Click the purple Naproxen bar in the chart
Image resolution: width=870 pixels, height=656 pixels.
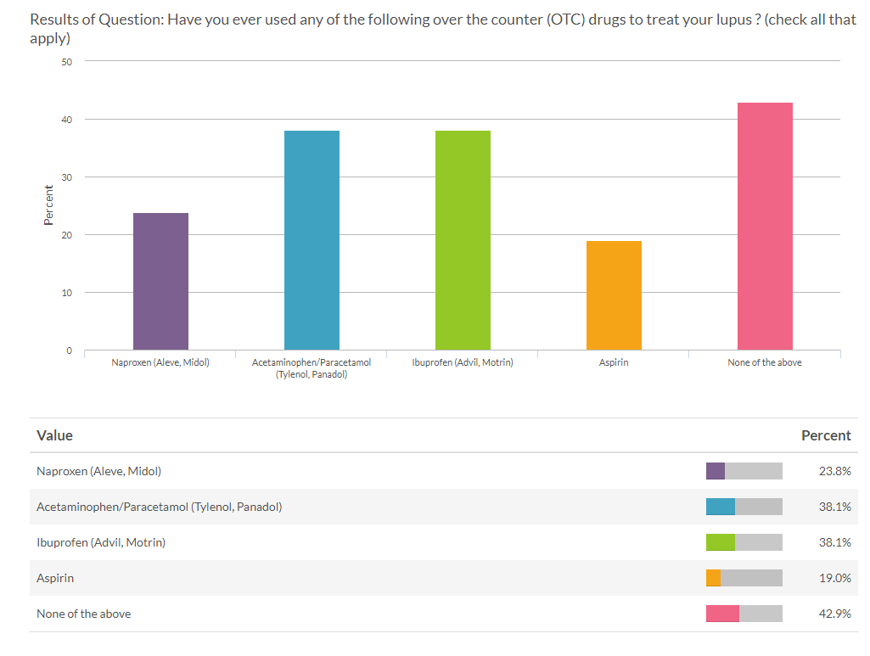tap(160, 281)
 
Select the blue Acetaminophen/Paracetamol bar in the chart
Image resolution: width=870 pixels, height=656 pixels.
tap(312, 240)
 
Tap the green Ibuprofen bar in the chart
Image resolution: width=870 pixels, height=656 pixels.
tap(463, 240)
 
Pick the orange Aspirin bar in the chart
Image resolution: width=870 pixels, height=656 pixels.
tap(614, 295)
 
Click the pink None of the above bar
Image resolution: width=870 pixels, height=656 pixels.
tap(765, 227)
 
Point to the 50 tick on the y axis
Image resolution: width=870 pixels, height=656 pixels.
tap(67, 62)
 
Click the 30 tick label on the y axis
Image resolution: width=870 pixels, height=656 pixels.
tap(67, 177)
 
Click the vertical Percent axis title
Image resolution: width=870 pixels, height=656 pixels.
tap(48, 206)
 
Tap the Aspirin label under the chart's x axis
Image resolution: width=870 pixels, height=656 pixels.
tap(614, 362)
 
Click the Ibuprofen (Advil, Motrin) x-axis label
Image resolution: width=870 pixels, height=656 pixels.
tap(463, 362)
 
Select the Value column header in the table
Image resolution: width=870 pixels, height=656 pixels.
tap(55, 435)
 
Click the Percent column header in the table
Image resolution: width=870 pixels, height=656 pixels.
tap(825, 435)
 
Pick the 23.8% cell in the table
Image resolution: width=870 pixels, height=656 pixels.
tap(834, 471)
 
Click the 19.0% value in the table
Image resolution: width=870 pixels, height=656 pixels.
tap(834, 578)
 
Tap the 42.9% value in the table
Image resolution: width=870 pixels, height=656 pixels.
tap(834, 614)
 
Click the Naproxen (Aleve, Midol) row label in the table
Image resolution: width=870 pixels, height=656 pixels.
tap(98, 471)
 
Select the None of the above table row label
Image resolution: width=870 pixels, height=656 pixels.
tap(84, 614)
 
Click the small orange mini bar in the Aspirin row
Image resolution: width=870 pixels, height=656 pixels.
tap(713, 578)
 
